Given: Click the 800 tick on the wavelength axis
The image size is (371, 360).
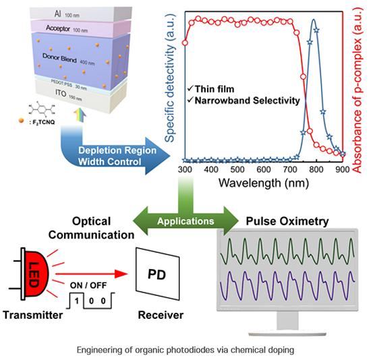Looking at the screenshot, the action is (316, 170).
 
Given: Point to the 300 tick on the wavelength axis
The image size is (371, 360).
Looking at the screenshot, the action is (185, 170).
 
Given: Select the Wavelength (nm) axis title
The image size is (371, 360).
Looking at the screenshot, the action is (264, 183).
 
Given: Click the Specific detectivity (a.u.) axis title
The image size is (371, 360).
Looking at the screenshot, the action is (170, 78).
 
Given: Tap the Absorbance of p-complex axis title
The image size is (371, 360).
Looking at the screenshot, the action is (358, 90).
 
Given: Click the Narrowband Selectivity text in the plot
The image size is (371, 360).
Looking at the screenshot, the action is (248, 100).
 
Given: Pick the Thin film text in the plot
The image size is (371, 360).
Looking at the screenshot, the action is (215, 89).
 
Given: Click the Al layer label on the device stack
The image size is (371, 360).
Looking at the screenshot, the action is (58, 14).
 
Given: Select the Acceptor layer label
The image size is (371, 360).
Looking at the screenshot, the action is (58, 28).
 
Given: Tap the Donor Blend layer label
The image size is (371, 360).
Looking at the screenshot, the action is (59, 58).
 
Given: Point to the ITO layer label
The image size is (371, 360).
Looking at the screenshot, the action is (61, 93).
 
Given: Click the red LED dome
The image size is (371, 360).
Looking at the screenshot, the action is (36, 274).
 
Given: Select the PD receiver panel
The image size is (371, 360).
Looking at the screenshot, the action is (157, 274).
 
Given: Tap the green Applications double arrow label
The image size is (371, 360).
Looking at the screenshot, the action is (185, 221).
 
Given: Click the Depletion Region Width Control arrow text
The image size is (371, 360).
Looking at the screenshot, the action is (117, 156).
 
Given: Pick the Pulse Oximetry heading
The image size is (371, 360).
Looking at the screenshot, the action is (287, 221).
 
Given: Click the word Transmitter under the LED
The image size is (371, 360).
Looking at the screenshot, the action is (33, 315).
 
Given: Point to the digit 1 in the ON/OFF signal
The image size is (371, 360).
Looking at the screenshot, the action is (77, 301).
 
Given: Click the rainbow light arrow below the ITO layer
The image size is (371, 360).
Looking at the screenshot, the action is (80, 115).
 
